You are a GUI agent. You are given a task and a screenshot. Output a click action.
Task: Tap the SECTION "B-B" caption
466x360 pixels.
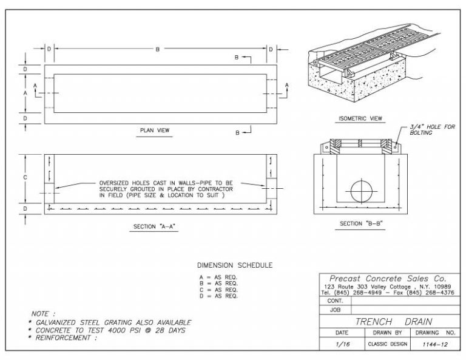(x=361, y=223)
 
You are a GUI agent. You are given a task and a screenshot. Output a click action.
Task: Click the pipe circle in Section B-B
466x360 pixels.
(x=363, y=191)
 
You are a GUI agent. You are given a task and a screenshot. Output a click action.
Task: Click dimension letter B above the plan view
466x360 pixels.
(x=157, y=49)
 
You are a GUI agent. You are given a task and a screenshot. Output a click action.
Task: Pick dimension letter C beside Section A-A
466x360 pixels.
(x=24, y=177)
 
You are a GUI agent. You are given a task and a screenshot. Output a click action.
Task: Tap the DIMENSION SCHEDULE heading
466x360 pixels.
(x=235, y=265)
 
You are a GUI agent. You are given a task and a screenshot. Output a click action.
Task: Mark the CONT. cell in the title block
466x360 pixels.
(x=336, y=301)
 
